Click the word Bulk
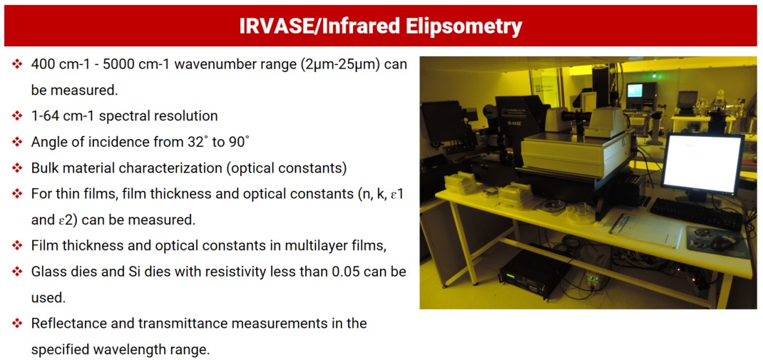pos(43,168)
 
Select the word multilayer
pos(307,247)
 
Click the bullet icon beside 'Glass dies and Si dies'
pos(18,272)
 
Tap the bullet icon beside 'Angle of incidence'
pos(18,142)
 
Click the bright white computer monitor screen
pos(702,164)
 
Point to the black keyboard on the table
pos(696,215)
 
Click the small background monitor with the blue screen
pos(635,90)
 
